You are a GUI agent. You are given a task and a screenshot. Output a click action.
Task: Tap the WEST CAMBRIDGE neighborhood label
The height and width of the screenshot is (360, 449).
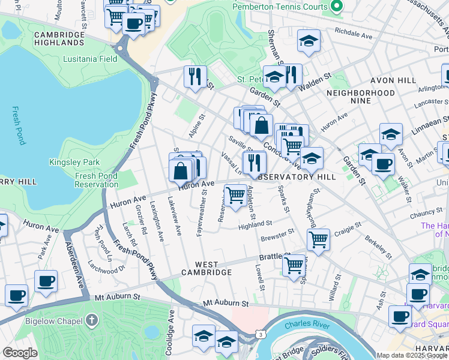[213, 268]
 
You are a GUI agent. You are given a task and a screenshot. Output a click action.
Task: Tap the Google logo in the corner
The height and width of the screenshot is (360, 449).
[20, 353]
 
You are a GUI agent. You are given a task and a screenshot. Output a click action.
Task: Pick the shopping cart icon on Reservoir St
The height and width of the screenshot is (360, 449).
[236, 195]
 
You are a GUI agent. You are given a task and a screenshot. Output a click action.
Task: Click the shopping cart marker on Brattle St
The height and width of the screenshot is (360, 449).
[294, 265]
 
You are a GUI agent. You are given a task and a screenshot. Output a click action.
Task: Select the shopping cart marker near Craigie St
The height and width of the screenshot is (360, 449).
[318, 239]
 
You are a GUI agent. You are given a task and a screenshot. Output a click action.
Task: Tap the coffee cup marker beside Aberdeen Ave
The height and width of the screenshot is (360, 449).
[46, 281]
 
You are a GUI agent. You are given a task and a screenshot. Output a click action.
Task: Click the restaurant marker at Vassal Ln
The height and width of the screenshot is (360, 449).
[255, 163]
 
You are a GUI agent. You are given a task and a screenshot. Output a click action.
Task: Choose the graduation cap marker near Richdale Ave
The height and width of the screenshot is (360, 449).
[309, 41]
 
